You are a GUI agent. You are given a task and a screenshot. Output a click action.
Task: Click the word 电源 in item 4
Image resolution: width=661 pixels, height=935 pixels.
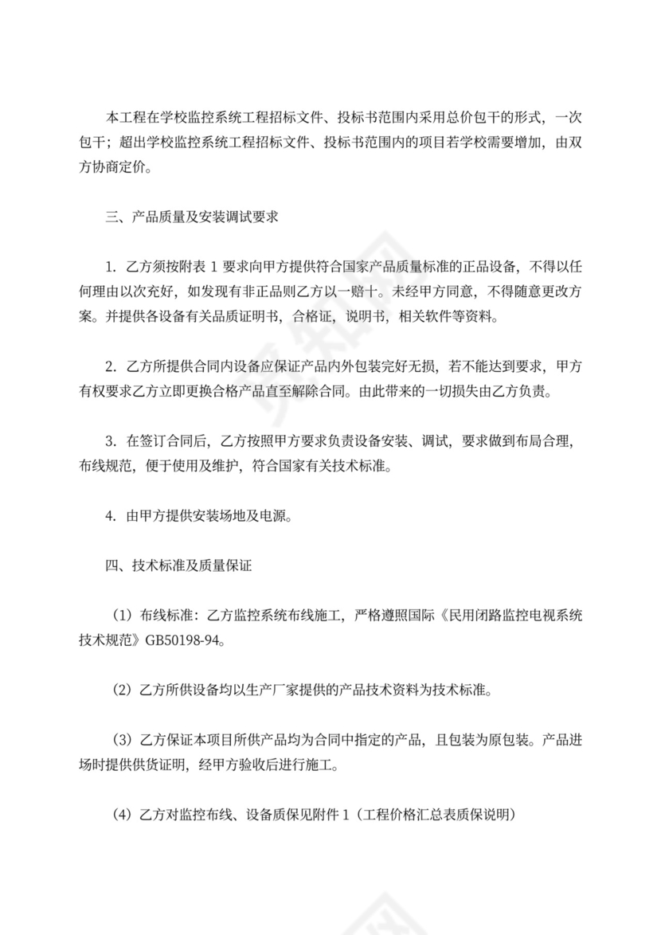pyautogui.click(x=272, y=516)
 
